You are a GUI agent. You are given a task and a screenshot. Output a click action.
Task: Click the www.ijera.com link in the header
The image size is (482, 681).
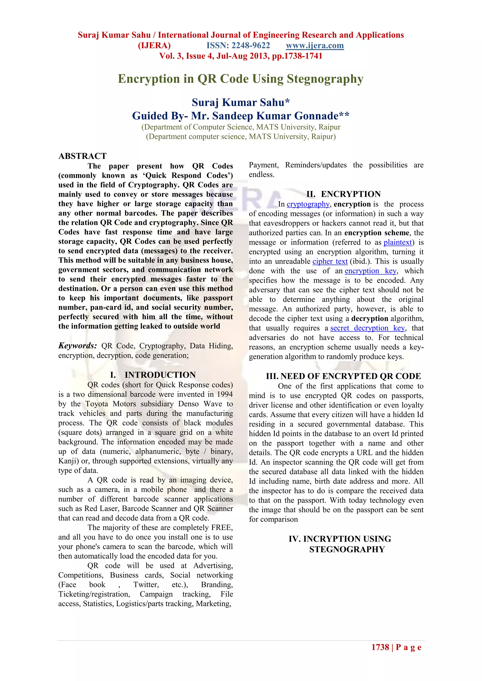(x=315, y=45)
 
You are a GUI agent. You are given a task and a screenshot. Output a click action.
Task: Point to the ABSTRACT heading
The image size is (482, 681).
(x=83, y=156)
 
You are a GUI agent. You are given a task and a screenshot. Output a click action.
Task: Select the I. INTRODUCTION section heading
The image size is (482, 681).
(x=153, y=375)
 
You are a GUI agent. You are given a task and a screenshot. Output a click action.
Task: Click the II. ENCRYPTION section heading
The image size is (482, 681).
(x=343, y=194)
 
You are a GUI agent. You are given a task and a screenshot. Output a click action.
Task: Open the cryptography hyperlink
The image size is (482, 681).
(x=308, y=204)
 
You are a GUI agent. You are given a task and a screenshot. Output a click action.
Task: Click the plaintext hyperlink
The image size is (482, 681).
(x=398, y=242)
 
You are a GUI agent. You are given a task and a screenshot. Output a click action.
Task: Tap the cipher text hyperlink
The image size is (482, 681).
(x=330, y=261)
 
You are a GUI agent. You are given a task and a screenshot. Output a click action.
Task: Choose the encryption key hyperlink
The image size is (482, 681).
(x=370, y=271)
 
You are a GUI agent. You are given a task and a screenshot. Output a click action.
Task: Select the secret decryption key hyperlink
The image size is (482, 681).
(x=367, y=328)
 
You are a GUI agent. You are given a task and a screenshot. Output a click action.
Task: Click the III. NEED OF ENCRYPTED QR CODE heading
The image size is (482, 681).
(x=343, y=376)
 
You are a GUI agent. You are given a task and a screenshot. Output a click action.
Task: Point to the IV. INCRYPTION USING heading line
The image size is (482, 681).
(x=340, y=539)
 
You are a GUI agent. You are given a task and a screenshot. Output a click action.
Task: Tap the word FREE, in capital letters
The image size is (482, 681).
(x=222, y=528)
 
